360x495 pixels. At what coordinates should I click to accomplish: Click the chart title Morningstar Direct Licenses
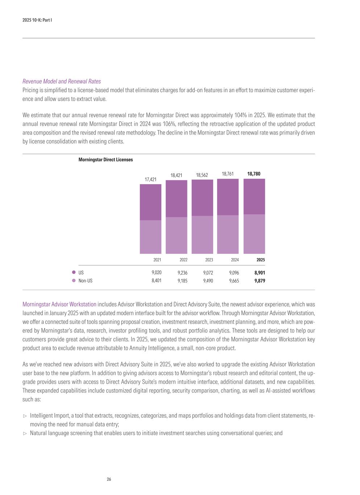[x=105, y=160]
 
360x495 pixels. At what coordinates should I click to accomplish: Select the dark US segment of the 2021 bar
[x=150, y=202]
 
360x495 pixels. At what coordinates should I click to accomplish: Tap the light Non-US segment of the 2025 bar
[x=254, y=234]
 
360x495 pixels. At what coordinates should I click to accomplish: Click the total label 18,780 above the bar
[x=254, y=174]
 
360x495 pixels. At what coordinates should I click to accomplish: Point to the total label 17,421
[x=150, y=179]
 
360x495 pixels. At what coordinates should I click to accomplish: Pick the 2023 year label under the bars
[x=209, y=260]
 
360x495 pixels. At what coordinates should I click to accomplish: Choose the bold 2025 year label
[x=261, y=260]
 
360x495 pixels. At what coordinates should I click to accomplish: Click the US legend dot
[x=74, y=272]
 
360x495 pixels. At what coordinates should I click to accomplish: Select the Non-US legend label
[x=85, y=281]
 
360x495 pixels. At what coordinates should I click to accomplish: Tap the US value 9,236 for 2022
[x=182, y=273]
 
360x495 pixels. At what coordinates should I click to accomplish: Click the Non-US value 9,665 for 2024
[x=234, y=281]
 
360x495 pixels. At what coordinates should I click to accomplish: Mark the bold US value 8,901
[x=260, y=273]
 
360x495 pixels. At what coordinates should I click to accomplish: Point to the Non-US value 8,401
[x=157, y=281]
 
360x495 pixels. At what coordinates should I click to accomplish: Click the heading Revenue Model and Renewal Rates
[x=62, y=81]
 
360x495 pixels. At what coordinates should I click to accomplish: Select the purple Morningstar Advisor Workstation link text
[x=59, y=304]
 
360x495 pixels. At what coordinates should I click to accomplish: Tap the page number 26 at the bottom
[x=109, y=479]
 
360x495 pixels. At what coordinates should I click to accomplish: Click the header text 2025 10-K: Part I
[x=37, y=20]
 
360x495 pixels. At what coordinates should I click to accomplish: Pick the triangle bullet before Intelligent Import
[x=25, y=416]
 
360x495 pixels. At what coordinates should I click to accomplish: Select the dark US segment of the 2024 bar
[x=228, y=197]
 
